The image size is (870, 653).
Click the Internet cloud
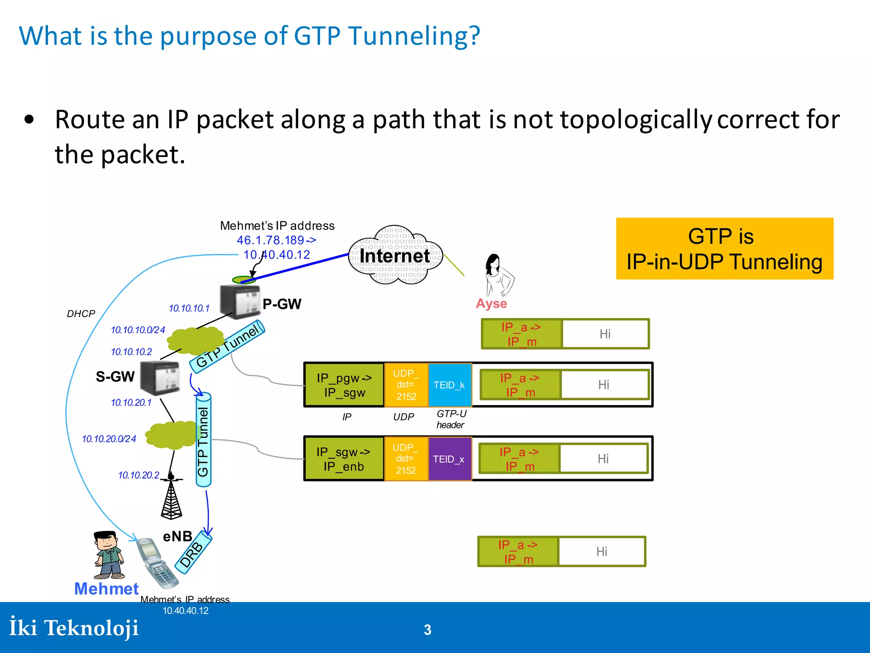tap(395, 256)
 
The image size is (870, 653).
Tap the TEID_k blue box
tap(449, 385)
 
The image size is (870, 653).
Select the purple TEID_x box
tap(449, 459)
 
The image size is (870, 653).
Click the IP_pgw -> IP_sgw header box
tap(344, 385)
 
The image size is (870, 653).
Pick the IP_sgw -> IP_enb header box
tap(344, 459)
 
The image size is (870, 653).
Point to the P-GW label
tap(282, 304)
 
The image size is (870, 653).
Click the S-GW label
tap(115, 377)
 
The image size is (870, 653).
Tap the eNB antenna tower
tap(172, 497)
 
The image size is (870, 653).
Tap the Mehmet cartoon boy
tap(109, 555)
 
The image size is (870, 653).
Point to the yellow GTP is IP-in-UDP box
tap(724, 249)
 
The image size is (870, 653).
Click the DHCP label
tap(81, 314)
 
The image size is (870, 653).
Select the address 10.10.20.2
tap(138, 475)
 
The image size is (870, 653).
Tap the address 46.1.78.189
tap(271, 240)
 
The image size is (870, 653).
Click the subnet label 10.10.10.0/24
tap(138, 330)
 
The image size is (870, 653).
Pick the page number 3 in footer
tap(427, 630)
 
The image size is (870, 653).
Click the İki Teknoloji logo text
tap(74, 628)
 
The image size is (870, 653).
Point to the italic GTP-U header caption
tap(451, 419)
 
